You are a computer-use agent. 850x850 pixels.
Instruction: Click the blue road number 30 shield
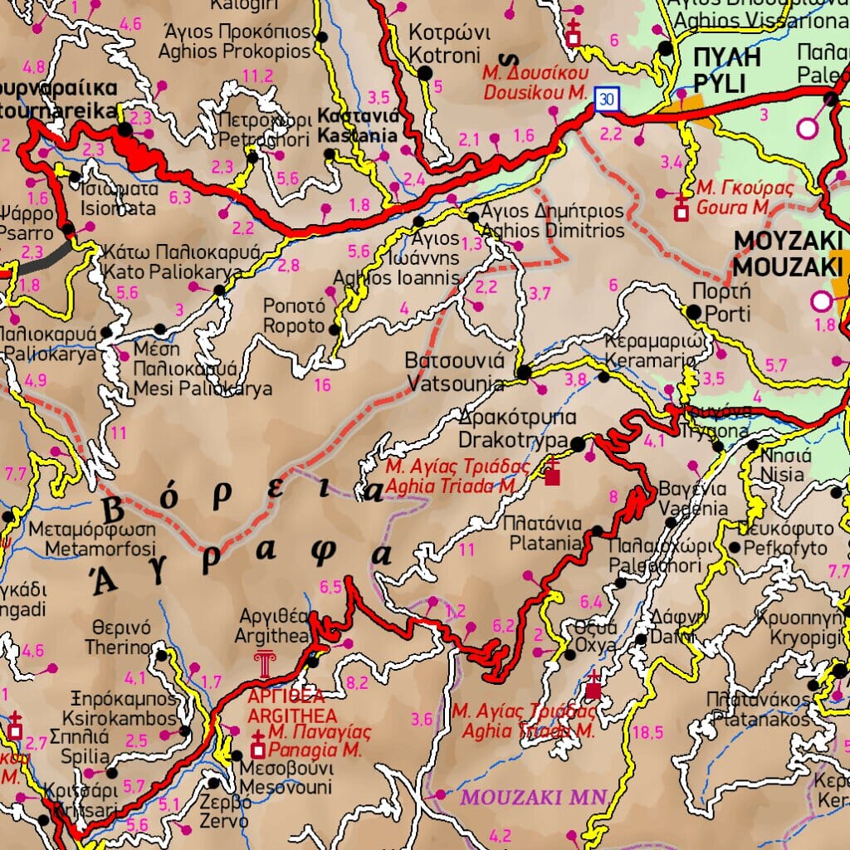pyautogui.click(x=608, y=99)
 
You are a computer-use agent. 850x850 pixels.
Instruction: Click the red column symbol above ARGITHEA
pyautogui.click(x=266, y=665)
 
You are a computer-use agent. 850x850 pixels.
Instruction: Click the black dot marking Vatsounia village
pyautogui.click(x=524, y=373)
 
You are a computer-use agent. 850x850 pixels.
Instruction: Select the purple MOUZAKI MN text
pyautogui.click(x=534, y=798)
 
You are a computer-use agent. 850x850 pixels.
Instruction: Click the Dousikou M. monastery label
pyautogui.click(x=535, y=83)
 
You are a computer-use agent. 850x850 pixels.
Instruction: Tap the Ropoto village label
pyautogui.click(x=293, y=316)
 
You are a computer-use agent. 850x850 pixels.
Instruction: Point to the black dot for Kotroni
pyautogui.click(x=426, y=73)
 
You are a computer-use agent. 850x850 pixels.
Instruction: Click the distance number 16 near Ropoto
pyautogui.click(x=323, y=385)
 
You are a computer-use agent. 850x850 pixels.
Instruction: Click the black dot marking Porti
pyautogui.click(x=693, y=312)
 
